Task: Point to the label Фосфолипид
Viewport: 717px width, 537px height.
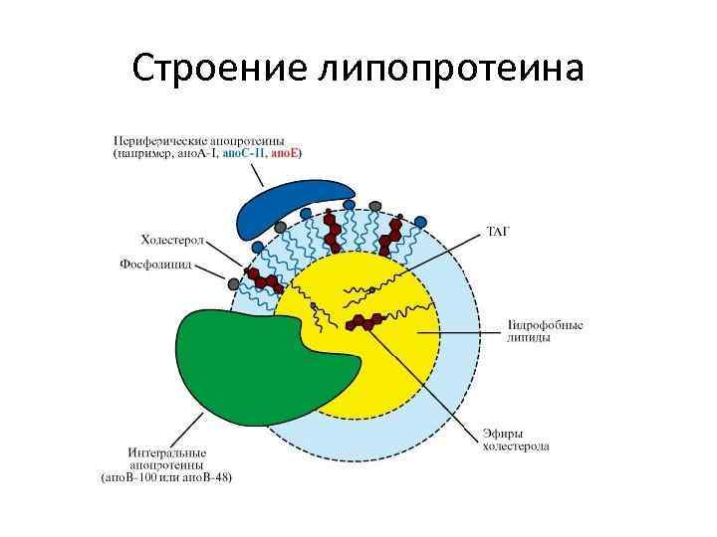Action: [157, 266]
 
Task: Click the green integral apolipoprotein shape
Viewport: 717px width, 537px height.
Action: [259, 363]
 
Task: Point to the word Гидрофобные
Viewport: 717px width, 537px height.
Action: [545, 324]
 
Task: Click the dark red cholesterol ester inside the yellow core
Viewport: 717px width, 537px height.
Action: [366, 321]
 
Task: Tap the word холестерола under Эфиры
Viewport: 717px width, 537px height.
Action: [516, 447]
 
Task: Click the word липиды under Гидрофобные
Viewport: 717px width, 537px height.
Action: [529, 337]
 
